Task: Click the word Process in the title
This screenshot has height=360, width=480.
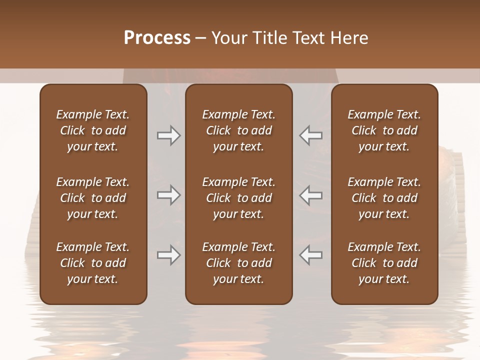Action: pyautogui.click(x=157, y=38)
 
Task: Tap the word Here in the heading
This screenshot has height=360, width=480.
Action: pyautogui.click(x=349, y=38)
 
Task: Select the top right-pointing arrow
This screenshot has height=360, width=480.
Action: pyautogui.click(x=168, y=135)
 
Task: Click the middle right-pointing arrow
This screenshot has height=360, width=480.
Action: pyautogui.click(x=168, y=195)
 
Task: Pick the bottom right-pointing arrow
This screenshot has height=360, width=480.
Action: pyautogui.click(x=168, y=255)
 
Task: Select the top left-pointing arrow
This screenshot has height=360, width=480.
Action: pyautogui.click(x=311, y=135)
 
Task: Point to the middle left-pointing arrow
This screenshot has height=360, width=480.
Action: pyautogui.click(x=311, y=195)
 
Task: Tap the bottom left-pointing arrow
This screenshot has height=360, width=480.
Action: pyautogui.click(x=311, y=255)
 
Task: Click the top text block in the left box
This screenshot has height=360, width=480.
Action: pyautogui.click(x=93, y=130)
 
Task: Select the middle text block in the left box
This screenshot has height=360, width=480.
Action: pyautogui.click(x=93, y=198)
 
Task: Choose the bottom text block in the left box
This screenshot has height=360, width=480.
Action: pyautogui.click(x=93, y=263)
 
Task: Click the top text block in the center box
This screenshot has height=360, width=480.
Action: pyautogui.click(x=238, y=130)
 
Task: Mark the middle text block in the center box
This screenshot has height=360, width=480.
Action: pyautogui.click(x=238, y=198)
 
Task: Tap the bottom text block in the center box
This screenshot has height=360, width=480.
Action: pyautogui.click(x=238, y=263)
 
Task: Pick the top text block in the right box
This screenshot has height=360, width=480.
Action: pyautogui.click(x=384, y=130)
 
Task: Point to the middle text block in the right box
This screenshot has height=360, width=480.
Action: pyautogui.click(x=384, y=198)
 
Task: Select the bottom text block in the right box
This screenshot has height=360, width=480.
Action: pyautogui.click(x=384, y=263)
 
